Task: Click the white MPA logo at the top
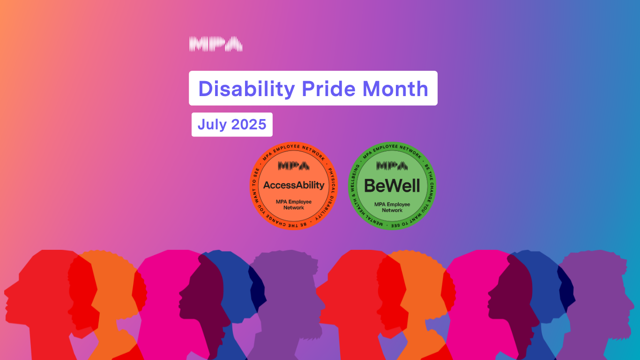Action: click(x=216, y=44)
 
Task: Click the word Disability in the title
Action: click(x=246, y=89)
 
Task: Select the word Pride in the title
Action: click(x=328, y=89)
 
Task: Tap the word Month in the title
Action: click(x=395, y=89)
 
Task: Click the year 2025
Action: click(x=249, y=124)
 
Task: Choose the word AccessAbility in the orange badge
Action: click(x=294, y=185)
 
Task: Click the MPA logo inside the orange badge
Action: click(x=294, y=166)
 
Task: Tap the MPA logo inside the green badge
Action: click(x=392, y=166)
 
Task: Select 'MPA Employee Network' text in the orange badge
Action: click(x=294, y=205)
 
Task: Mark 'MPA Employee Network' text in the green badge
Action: click(x=392, y=207)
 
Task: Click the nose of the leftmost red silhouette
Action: click(x=6, y=292)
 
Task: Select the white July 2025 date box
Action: click(x=232, y=125)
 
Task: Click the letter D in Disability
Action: click(x=207, y=89)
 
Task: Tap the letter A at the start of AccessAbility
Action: click(x=268, y=185)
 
